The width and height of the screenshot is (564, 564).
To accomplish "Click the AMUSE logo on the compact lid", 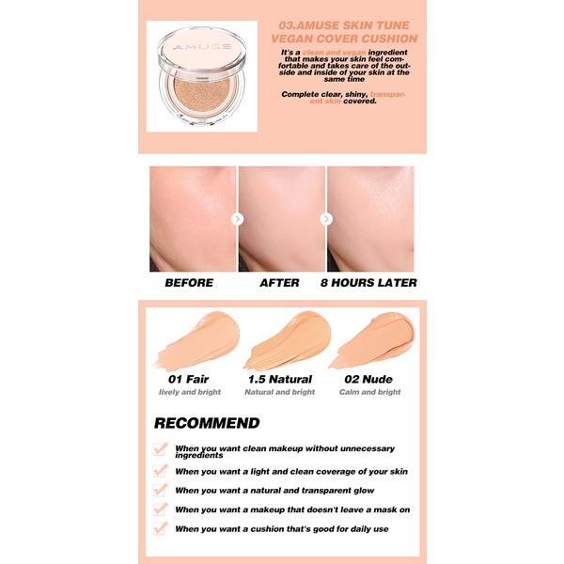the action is click(202, 47).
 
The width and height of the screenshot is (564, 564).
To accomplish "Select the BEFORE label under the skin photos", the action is click(189, 283).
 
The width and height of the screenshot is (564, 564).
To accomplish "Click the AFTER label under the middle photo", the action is click(279, 283).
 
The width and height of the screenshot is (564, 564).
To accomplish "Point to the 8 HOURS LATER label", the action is click(368, 283).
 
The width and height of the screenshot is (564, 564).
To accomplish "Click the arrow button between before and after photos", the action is click(238, 219).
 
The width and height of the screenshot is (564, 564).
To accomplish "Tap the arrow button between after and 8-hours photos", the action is click(326, 219).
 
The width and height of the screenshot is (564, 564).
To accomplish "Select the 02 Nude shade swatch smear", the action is click(371, 340).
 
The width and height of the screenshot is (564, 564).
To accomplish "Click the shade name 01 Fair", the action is click(189, 379).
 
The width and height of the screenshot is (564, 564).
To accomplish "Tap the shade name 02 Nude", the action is click(368, 379).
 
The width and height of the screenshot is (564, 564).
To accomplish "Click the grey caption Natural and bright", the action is click(280, 392).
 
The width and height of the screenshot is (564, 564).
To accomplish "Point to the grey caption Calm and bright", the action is click(369, 392).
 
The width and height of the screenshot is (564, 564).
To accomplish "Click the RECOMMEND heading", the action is click(207, 423).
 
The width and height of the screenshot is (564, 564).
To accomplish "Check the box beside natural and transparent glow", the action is click(161, 490).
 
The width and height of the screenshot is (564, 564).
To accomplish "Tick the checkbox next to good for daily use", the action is click(161, 528).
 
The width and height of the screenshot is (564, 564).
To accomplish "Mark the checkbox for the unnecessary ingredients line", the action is click(161, 449).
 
